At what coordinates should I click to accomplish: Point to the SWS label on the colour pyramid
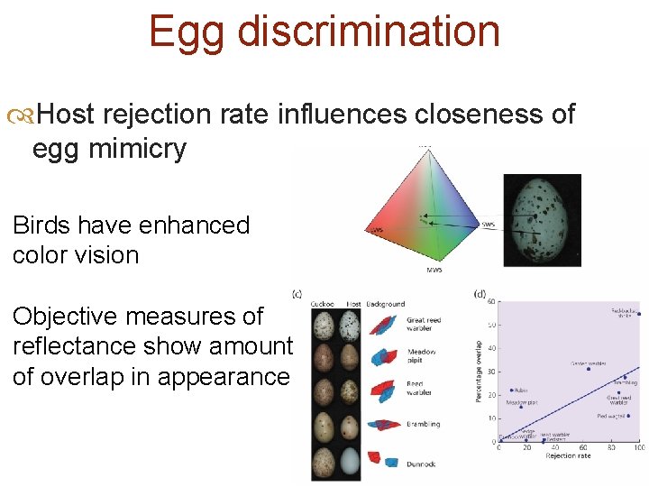(488, 225)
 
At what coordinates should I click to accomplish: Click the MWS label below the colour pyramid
(434, 270)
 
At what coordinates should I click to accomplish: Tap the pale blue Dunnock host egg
(352, 460)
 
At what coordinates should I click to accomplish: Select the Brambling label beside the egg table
(423, 424)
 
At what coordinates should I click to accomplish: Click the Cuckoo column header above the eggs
(323, 304)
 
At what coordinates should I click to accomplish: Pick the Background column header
(385, 304)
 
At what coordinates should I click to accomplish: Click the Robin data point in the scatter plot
(512, 391)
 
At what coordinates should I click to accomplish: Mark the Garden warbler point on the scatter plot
(589, 369)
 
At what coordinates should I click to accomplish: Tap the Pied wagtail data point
(627, 417)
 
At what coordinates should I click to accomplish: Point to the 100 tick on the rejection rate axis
(638, 447)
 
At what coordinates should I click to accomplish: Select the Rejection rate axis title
(568, 456)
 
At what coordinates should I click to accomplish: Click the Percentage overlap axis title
(478, 371)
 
